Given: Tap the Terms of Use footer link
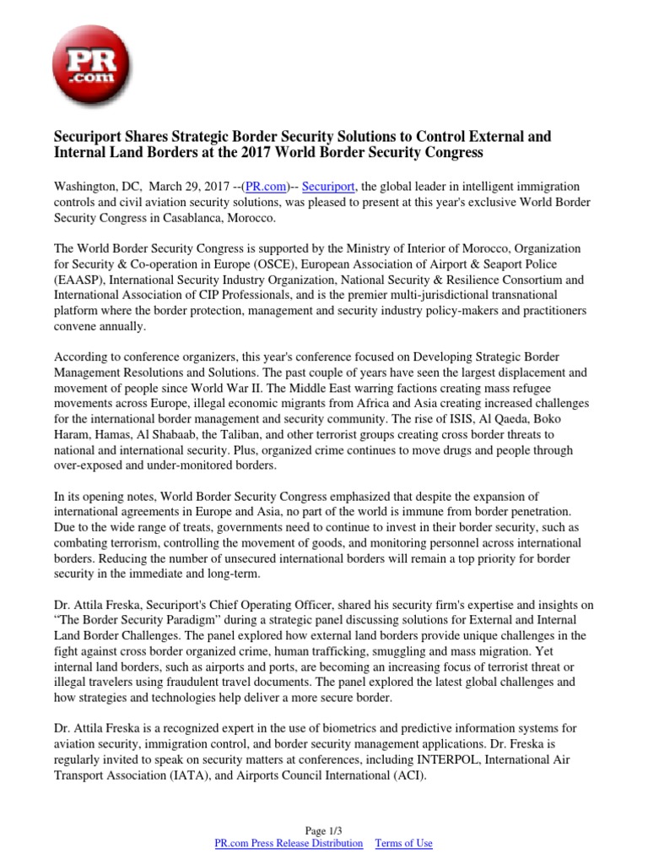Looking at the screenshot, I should (403, 843).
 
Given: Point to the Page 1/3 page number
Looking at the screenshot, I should (324, 831).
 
